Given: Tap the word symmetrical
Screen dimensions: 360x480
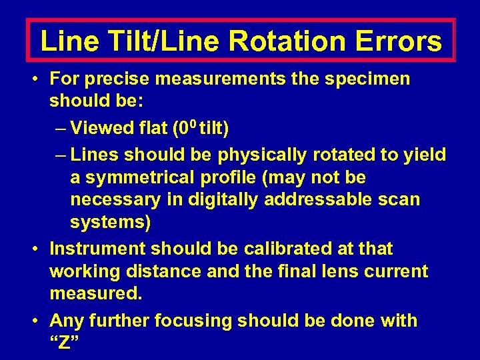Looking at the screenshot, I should click(147, 179).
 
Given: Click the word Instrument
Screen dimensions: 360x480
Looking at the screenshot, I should click(98, 249).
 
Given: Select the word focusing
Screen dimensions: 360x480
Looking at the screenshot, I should click(195, 321).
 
